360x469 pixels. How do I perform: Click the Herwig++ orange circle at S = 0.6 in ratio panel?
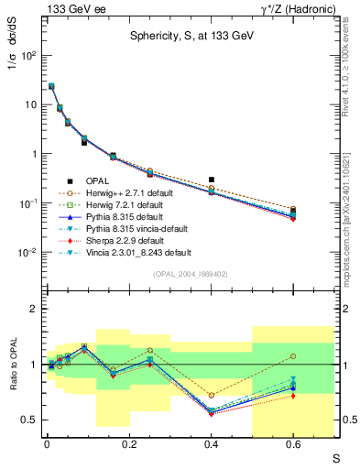(293, 355)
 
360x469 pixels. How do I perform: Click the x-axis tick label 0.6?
(293, 445)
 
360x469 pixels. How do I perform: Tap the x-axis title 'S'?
(337, 457)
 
